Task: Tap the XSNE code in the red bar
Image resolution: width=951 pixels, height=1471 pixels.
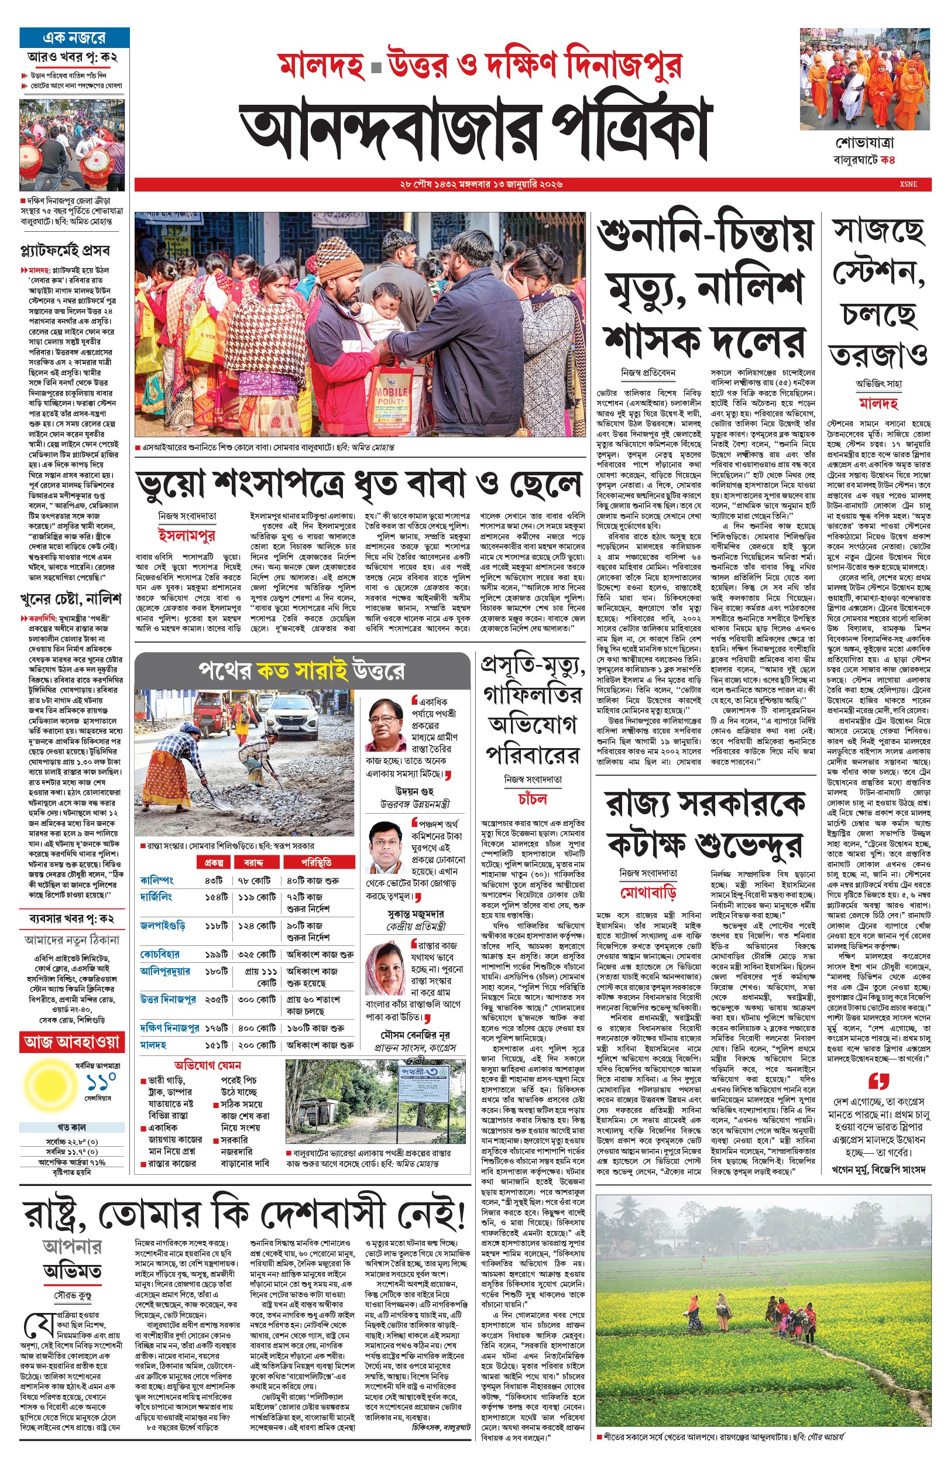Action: click(908, 184)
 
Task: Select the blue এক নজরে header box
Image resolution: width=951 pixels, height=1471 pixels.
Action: click(74, 37)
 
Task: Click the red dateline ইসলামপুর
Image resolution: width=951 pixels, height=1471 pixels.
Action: click(187, 534)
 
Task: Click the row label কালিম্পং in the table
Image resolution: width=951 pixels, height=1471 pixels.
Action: click(157, 879)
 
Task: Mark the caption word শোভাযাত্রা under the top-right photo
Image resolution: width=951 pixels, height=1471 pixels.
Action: click(864, 143)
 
